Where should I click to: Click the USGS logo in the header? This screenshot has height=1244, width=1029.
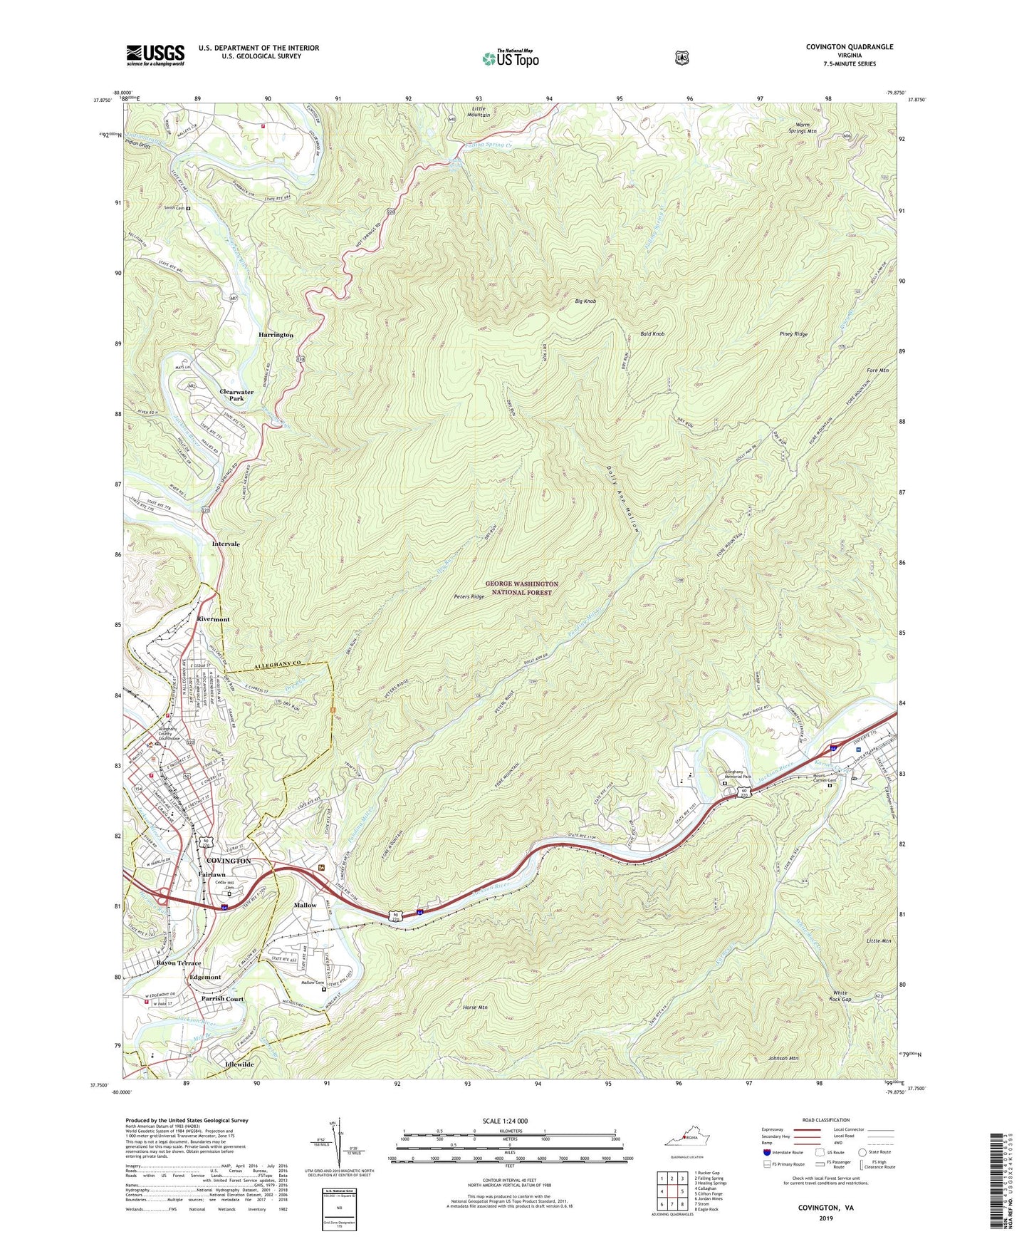pyautogui.click(x=155, y=55)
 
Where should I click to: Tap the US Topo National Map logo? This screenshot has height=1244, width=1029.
pyautogui.click(x=510, y=58)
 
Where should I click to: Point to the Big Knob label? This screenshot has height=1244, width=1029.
pyautogui.click(x=585, y=301)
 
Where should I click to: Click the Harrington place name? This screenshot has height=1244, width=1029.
pyautogui.click(x=276, y=335)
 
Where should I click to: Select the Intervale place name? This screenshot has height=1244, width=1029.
pyautogui.click(x=226, y=544)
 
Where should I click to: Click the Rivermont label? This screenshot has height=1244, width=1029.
pyautogui.click(x=213, y=619)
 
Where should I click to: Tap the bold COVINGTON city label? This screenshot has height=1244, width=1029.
pyautogui.click(x=228, y=861)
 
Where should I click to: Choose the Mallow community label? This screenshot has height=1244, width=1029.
pyautogui.click(x=305, y=905)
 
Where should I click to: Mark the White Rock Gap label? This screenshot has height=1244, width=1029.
pyautogui.click(x=842, y=996)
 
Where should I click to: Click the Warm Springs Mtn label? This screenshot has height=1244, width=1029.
pyautogui.click(x=802, y=128)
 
